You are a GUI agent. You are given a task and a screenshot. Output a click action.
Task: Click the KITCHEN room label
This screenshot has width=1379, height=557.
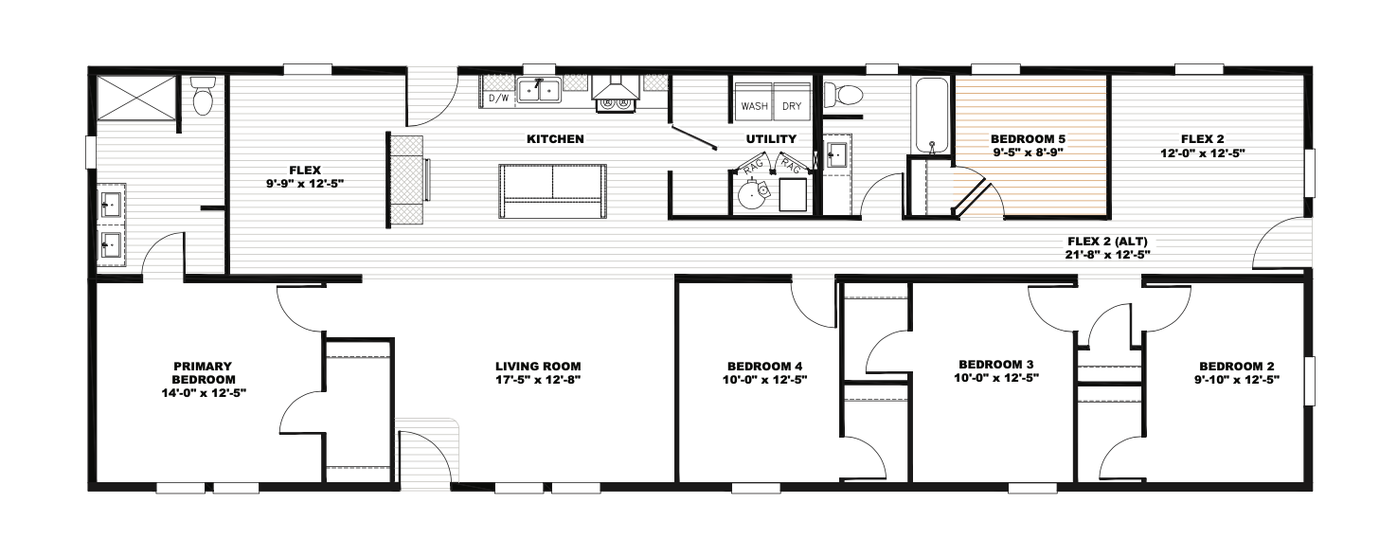coord(555,139)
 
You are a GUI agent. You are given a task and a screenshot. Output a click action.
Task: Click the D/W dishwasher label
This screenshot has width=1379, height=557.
coord(498,98)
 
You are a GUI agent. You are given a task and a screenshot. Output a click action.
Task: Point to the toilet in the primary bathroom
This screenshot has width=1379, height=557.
coord(203,96)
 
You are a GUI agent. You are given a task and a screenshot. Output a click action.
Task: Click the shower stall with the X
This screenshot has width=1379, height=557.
coord(136,98)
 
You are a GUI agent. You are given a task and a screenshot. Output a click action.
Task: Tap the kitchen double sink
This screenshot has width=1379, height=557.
coord(539,91)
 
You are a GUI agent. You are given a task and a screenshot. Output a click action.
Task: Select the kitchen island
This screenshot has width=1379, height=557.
coord(553,190)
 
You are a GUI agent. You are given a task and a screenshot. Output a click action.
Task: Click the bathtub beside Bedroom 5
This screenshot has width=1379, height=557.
coord(932,116)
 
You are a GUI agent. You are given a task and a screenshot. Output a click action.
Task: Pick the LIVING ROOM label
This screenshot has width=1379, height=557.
coord(538,367)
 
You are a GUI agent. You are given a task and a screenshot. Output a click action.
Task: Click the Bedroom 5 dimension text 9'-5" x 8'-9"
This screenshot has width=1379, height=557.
coord(1028,152)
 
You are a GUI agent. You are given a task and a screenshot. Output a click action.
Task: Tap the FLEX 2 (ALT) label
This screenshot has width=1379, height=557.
coord(1107,242)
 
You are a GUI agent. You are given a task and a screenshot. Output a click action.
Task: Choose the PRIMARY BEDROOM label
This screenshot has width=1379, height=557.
coord(203,373)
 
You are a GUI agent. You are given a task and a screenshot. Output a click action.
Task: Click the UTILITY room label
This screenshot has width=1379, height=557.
coord(771,139)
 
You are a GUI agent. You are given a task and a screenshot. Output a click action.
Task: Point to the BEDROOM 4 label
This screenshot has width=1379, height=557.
coord(764,367)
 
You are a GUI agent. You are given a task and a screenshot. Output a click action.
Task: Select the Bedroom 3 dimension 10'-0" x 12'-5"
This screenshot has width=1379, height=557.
coord(996,378)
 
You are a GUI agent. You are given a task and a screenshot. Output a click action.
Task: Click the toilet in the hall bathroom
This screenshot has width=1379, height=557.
coord(843,95)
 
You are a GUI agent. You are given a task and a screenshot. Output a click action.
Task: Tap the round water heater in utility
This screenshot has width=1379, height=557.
coord(752,194)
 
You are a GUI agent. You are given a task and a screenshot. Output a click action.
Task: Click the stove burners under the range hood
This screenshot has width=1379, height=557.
coord(617,105)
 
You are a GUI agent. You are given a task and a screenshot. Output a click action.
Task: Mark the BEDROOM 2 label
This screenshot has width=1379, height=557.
coord(1236,367)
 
